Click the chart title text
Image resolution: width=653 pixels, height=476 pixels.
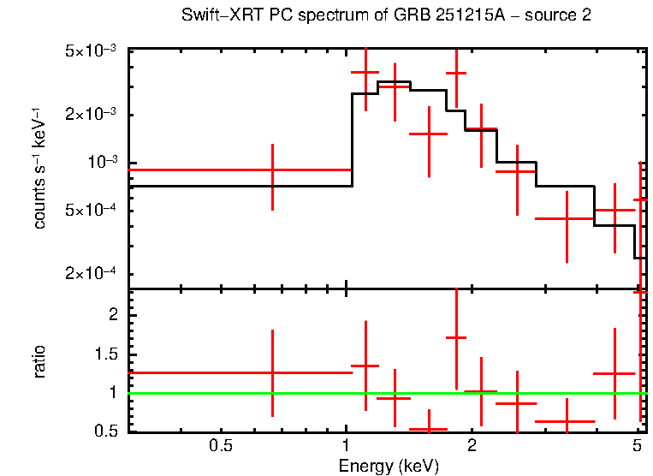[x=385, y=16]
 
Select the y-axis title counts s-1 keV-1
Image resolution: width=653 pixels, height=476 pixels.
[x=39, y=169]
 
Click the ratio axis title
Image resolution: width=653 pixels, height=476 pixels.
[x=39, y=361]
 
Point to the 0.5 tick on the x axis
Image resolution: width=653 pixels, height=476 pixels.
[x=221, y=446]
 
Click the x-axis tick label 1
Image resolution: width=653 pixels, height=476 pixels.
[x=346, y=446]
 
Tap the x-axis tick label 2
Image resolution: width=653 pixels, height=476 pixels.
[x=472, y=446]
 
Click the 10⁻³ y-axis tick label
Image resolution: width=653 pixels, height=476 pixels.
[x=103, y=163]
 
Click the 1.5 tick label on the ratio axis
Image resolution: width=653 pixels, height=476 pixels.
[x=108, y=354]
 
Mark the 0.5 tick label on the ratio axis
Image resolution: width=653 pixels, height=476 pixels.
[x=108, y=431]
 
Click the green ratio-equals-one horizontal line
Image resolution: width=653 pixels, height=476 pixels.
[x=257, y=393]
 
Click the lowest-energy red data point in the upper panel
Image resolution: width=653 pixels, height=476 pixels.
[x=272, y=170]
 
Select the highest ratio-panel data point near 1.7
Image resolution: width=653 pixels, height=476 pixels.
[x=456, y=337]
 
